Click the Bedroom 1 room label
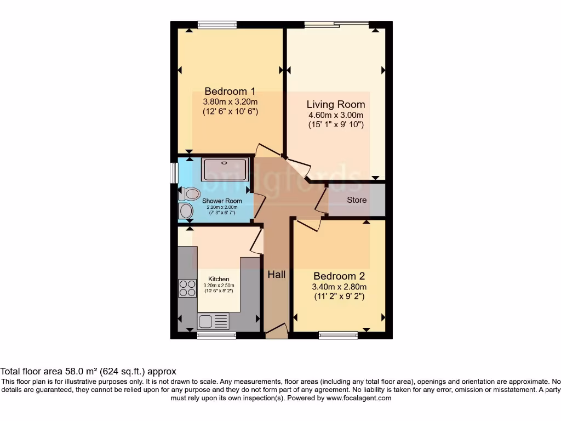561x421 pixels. [230, 91]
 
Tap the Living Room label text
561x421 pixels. [335, 104]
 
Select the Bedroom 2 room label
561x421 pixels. [339, 276]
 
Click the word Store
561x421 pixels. [357, 200]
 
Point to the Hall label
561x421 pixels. [276, 274]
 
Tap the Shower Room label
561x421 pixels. [222, 201]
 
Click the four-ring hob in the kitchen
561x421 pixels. [187, 288]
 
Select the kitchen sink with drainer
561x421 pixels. [214, 321]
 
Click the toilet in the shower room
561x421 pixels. [190, 194]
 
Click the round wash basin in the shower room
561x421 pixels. [186, 211]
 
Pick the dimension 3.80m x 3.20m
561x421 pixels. [230, 101]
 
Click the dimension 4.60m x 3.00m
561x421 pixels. [335, 115]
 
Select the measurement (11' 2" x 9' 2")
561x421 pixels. [339, 297]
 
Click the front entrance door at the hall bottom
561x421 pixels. [277, 331]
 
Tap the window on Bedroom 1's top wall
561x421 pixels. [217, 24]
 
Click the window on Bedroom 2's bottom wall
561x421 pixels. [338, 335]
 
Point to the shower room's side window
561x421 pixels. [174, 173]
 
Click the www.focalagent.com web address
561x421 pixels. [359, 398]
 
